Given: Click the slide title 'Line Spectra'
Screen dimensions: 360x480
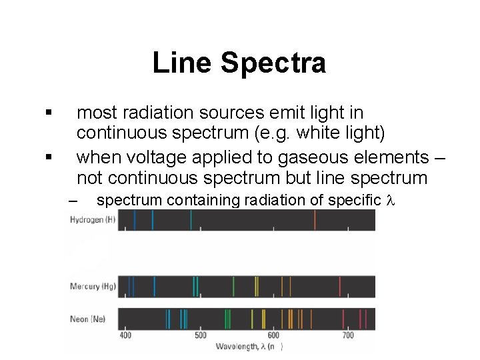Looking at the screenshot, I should point(239,63).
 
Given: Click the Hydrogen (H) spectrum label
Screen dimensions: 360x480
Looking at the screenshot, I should point(93,220).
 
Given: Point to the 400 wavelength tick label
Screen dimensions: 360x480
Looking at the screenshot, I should point(125,335).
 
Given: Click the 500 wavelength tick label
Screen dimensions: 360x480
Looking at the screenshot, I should point(200,335).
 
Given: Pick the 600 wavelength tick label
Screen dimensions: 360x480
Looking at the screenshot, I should point(273,335).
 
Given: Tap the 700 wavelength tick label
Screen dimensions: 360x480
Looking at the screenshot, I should point(347,335).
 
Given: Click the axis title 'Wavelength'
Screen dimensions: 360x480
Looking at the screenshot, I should point(237,346).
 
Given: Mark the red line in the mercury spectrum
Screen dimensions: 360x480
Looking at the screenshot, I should point(341,287).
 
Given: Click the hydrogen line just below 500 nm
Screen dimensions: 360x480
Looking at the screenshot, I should point(191,220).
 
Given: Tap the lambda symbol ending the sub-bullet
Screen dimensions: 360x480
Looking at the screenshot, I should point(391,199).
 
